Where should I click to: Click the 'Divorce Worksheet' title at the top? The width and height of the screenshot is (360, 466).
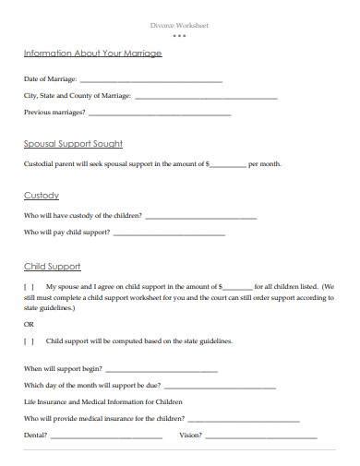point(179,25)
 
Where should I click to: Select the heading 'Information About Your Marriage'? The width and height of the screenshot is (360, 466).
point(92,54)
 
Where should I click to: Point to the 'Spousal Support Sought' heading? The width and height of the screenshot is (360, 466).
point(73,144)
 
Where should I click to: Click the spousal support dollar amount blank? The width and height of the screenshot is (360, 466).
point(229,165)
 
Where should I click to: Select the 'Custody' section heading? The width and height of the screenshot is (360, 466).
point(42,196)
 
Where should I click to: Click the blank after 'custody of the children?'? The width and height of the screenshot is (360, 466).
point(201,217)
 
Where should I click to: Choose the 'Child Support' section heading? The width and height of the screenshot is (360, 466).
point(52,266)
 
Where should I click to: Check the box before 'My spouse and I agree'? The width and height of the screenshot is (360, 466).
point(30,287)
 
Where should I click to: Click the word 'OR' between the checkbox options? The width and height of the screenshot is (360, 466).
point(29,325)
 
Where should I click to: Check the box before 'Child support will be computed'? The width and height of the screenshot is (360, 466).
point(30,341)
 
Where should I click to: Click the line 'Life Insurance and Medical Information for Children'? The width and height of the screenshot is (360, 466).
point(103,402)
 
